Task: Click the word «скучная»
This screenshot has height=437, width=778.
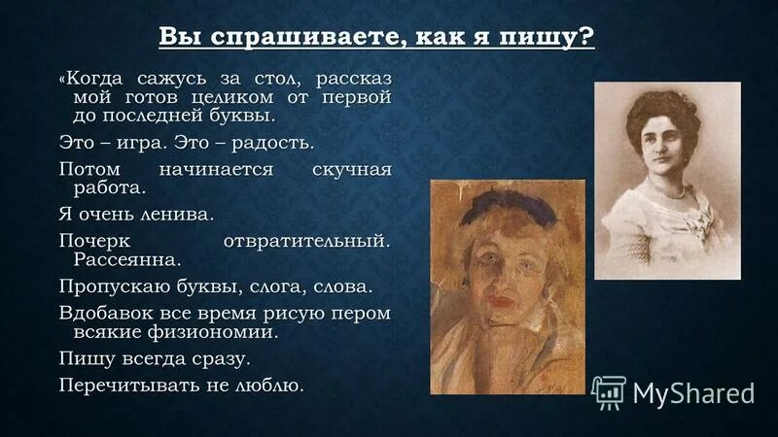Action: [351, 170]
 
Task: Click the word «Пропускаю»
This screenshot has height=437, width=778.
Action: [116, 286]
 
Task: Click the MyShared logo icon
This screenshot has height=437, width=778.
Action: [608, 392]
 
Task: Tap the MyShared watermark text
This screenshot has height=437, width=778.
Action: [693, 392]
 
